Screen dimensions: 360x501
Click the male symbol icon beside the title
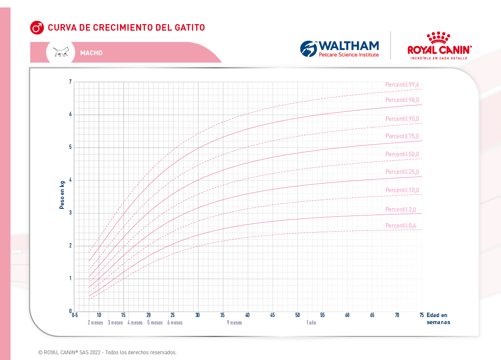pyautogui.click(x=37, y=28)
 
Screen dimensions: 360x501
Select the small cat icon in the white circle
pyautogui.click(x=61, y=52)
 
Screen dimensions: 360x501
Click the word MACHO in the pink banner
pyautogui.click(x=91, y=53)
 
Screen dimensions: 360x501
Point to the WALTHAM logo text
pyautogui.click(x=349, y=46)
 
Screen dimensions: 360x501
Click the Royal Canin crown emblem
pyautogui.click(x=439, y=38)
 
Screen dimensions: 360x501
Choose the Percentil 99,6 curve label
pyautogui.click(x=402, y=85)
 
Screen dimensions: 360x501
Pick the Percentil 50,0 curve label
pyautogui.click(x=402, y=154)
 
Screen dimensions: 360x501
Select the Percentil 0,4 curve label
pyautogui.click(x=401, y=226)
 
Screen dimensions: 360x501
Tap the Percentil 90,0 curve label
pyautogui.click(x=402, y=119)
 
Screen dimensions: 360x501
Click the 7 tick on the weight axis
pyautogui.click(x=70, y=82)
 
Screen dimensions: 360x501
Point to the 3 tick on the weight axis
pyautogui.click(x=70, y=213)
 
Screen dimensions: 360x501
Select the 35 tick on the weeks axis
pyautogui.click(x=223, y=315)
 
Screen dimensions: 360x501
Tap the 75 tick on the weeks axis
pyautogui.click(x=422, y=315)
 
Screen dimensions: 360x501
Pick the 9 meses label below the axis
pyautogui.click(x=234, y=323)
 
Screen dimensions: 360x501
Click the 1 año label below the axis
pyautogui.click(x=311, y=323)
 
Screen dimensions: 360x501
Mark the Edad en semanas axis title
pyautogui.click(x=438, y=318)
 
